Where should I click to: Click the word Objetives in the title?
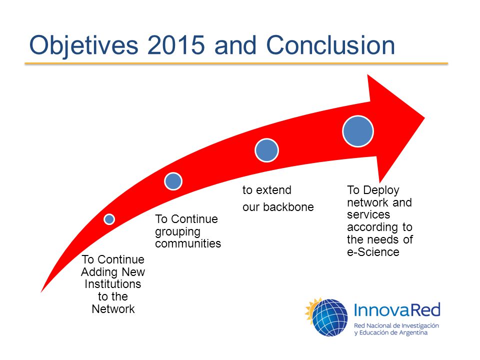tap(84, 46)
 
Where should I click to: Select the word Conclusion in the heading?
tap(330, 45)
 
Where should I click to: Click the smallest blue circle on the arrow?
tap(109, 219)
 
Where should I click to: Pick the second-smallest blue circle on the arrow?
tap(173, 181)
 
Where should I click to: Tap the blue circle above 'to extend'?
tap(266, 150)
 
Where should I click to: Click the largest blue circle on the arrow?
tap(358, 131)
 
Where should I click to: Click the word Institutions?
tap(113, 284)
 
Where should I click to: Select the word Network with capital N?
tap(113, 309)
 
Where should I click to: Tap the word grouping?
tap(177, 232)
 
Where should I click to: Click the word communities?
tap(188, 243)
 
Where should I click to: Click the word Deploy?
tap(381, 190)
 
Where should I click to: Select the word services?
tap(368, 214)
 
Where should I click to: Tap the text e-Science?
tap(373, 252)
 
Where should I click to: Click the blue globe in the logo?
tap(330, 317)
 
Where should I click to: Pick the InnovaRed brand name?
tap(397, 310)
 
